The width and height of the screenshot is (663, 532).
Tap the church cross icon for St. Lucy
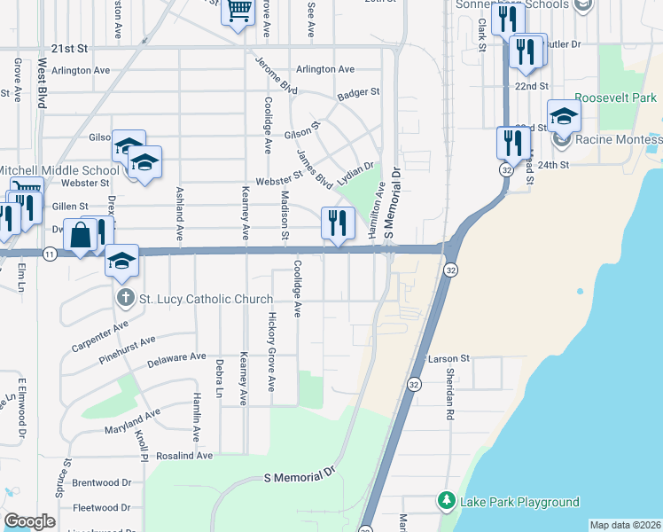pyautogui.click(x=126, y=299)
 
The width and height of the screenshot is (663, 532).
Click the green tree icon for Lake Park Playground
pyautogui.click(x=446, y=503)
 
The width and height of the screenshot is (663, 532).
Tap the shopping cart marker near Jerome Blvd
pyautogui.click(x=238, y=11)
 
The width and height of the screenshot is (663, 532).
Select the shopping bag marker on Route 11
pyautogui.click(x=80, y=235)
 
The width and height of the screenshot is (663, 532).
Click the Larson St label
pyautogui.click(x=448, y=359)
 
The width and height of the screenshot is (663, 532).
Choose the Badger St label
pyautogui.click(x=358, y=92)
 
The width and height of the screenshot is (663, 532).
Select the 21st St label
pyautogui.click(x=71, y=49)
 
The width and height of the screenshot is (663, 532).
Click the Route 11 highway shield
pyautogui.click(x=50, y=254)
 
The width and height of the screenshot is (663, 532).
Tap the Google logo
pyautogui.click(x=29, y=521)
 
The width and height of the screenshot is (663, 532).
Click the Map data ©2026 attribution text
pyautogui.click(x=626, y=525)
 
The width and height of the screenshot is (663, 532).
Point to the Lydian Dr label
pyautogui.click(x=355, y=174)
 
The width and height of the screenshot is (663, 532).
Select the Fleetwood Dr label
pyautogui.click(x=101, y=508)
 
